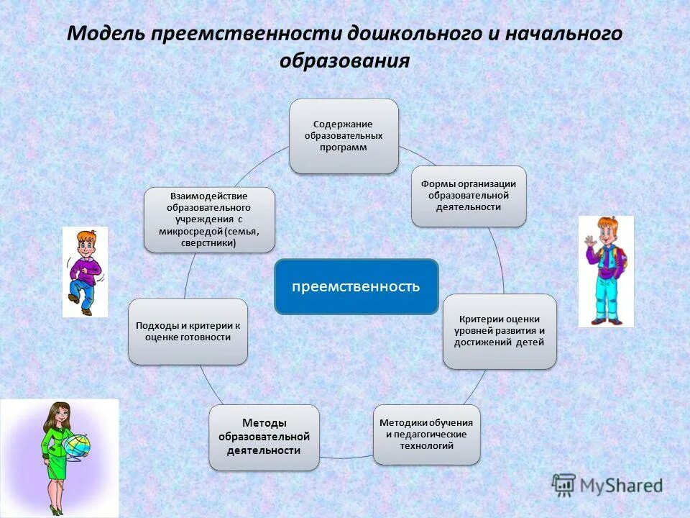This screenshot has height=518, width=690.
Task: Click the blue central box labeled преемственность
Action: click(356, 286)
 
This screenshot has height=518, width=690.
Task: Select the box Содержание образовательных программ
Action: click(344, 136)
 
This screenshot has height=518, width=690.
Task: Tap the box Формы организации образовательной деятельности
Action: click(469, 196)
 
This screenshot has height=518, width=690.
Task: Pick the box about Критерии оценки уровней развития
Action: click(500, 331)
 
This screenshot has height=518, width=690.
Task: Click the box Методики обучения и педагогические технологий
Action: click(426, 435)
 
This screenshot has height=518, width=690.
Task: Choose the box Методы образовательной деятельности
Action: click(264, 437)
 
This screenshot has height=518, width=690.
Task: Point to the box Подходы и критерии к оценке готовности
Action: click(188, 331)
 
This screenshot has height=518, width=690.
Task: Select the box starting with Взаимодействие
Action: click(208, 219)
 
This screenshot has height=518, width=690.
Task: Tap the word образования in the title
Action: click(344, 60)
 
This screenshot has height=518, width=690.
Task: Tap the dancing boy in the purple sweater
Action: click(84, 271)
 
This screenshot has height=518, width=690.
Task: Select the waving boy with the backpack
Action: click(606, 271)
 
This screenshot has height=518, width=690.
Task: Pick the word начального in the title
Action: click(558, 35)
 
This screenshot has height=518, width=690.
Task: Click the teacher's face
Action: click(57, 416)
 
